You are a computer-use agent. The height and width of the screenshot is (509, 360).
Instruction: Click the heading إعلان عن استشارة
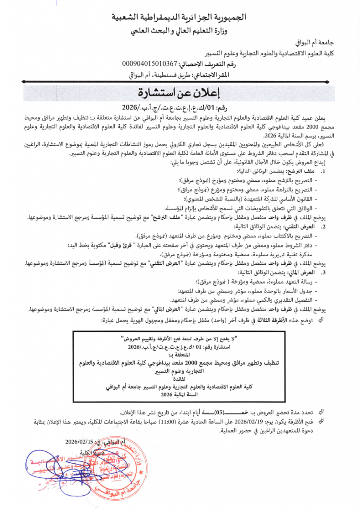180,93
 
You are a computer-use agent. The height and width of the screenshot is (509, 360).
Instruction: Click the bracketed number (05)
230,412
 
